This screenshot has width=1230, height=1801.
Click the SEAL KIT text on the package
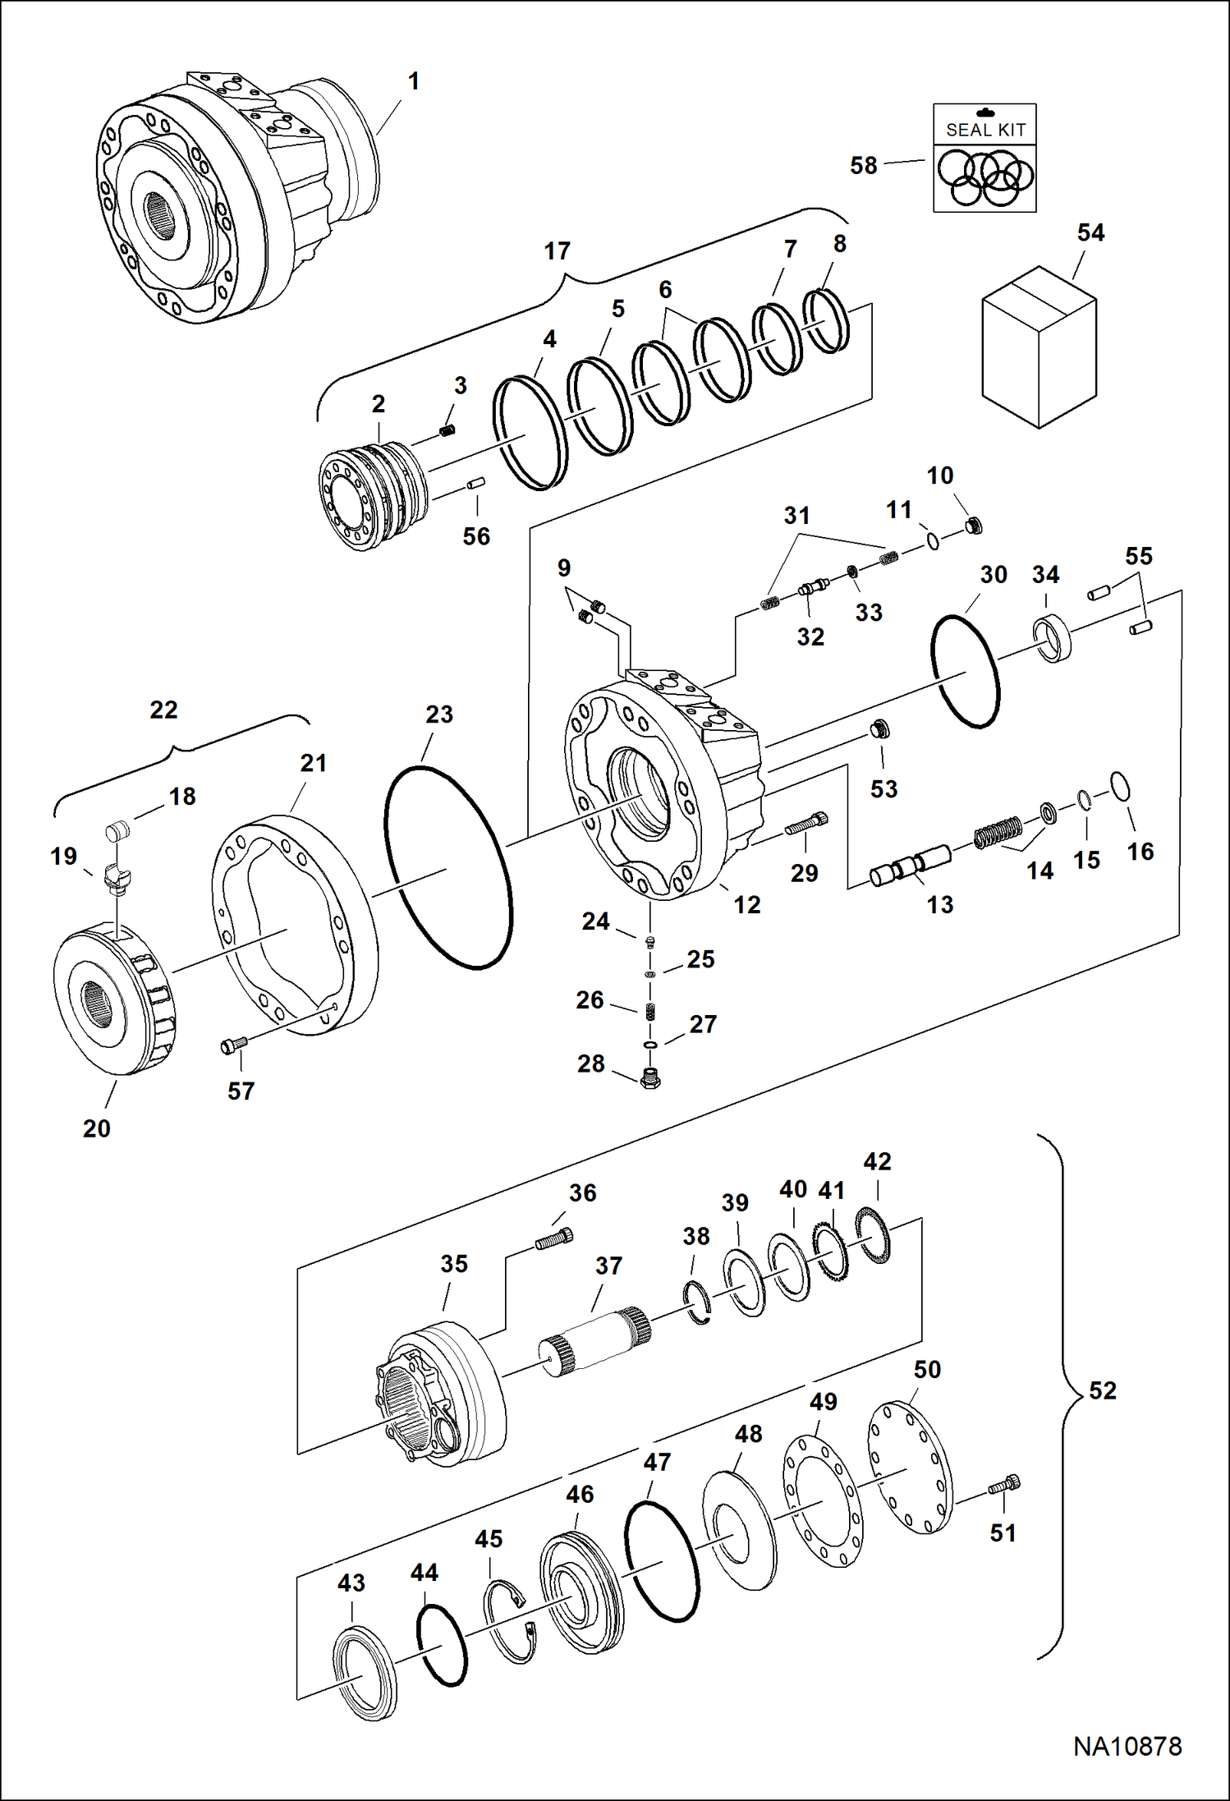tap(985, 130)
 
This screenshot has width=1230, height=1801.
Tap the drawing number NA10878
tap(1127, 1746)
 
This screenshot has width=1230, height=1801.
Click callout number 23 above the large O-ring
tap(439, 714)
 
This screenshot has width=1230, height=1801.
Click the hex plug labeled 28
tap(650, 1078)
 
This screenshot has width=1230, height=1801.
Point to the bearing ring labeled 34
tap(1052, 636)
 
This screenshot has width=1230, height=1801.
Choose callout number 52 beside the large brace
tap(1103, 1390)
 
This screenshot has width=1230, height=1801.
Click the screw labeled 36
tap(554, 1238)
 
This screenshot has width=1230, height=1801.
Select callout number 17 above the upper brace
tap(557, 251)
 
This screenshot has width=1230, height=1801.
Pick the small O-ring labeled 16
tap(1120, 785)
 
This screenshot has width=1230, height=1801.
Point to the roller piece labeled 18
tap(117, 831)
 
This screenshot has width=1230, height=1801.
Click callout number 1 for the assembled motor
tap(414, 81)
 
